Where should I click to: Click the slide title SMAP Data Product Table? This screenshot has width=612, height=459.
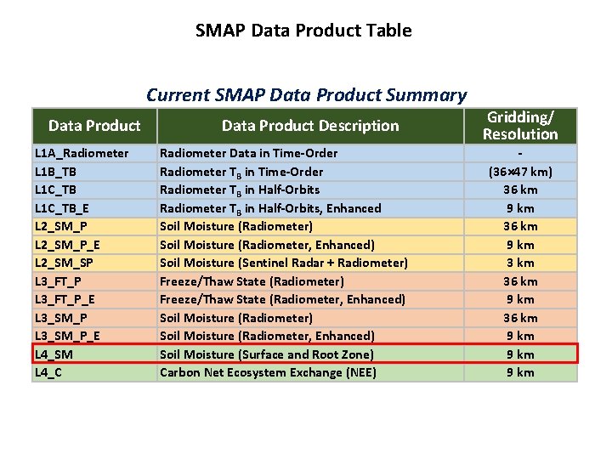pyautogui.click(x=303, y=31)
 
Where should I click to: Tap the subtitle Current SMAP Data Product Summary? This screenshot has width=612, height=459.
pyautogui.click(x=306, y=95)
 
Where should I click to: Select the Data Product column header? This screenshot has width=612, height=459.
pyautogui.click(x=94, y=126)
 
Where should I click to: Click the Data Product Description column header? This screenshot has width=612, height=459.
pyautogui.click(x=310, y=126)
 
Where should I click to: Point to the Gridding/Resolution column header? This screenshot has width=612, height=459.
pyautogui.click(x=520, y=126)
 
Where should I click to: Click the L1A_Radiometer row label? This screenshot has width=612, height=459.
pyautogui.click(x=82, y=153)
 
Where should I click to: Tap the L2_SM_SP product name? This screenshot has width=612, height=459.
pyautogui.click(x=65, y=263)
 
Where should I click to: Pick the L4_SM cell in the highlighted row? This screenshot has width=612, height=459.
pyautogui.click(x=54, y=354)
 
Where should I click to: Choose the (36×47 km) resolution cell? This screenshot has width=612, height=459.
pyautogui.click(x=520, y=172)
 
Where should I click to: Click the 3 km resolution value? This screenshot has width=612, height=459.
pyautogui.click(x=520, y=263)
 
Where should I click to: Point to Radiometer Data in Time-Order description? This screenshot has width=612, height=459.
pyautogui.click(x=248, y=153)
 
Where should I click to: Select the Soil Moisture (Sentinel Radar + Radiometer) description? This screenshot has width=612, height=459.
pyautogui.click(x=284, y=263)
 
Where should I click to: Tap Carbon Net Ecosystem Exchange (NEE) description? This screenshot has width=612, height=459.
pyautogui.click(x=268, y=372)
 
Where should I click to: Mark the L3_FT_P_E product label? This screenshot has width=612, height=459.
pyautogui.click(x=65, y=299)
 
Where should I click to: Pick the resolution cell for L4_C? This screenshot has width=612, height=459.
pyautogui.click(x=520, y=372)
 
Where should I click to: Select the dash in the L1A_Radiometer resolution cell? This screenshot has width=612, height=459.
pyautogui.click(x=520, y=153)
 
